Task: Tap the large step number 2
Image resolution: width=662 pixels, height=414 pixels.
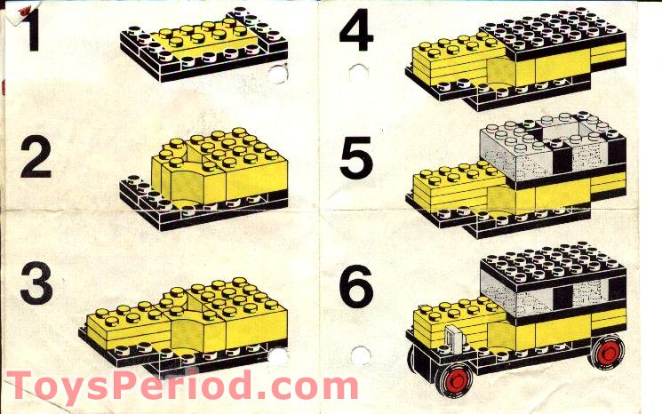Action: click(36, 159)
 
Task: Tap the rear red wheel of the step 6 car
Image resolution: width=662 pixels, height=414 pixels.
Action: click(606, 354)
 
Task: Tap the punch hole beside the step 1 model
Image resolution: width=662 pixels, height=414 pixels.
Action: click(277, 74)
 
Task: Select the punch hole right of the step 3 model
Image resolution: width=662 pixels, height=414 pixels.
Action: click(278, 357)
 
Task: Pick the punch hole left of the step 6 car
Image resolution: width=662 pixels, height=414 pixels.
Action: click(359, 356)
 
